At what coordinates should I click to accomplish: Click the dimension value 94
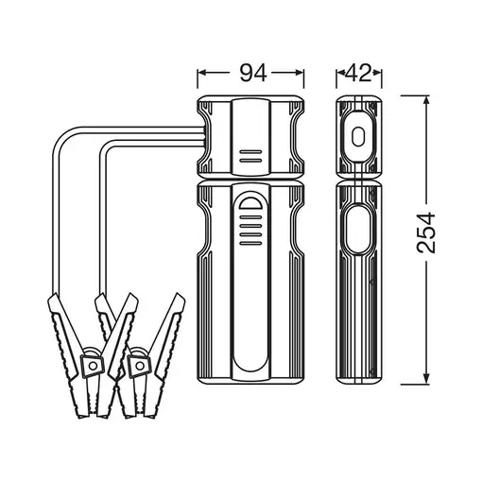253,73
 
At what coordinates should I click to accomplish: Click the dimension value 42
358,73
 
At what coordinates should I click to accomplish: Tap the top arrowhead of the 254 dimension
426,101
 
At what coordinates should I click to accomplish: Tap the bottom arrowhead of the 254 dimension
426,379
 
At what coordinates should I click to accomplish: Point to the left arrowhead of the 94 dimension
202,73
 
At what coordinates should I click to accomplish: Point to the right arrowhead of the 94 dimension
299,73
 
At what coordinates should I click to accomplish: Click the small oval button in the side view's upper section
358,136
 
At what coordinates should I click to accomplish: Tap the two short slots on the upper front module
250,156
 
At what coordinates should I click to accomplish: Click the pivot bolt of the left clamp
93,366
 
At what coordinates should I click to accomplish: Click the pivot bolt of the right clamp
139,366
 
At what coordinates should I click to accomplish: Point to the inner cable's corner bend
105,147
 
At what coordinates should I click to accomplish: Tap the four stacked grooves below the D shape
250,230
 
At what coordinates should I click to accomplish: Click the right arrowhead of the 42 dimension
377,73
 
